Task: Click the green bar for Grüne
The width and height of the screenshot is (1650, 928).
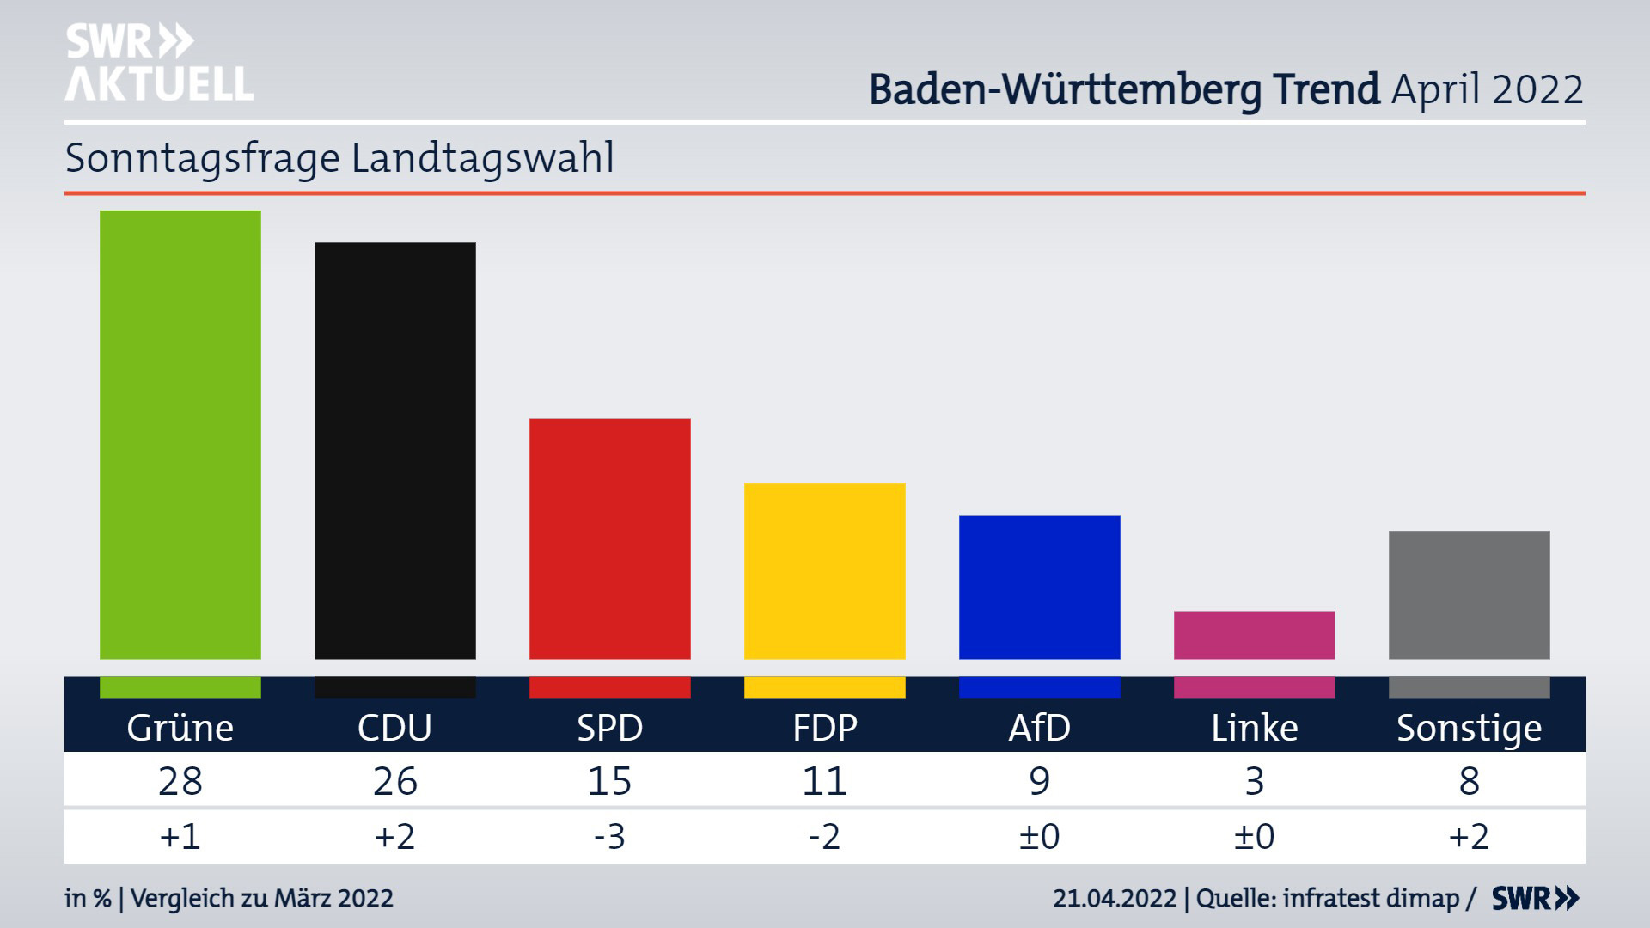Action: coord(180,435)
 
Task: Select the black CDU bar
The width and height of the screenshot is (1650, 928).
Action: coord(395,450)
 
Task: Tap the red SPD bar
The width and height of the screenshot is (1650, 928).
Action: coord(610,539)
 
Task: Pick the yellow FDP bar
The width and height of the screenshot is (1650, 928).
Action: coord(825,571)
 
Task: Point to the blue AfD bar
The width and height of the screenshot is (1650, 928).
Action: coord(1040,587)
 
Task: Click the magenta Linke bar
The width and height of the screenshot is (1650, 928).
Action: coord(1255,635)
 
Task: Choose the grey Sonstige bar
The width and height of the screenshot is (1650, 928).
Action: coord(1470,595)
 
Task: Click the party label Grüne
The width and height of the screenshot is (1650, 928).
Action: coord(180,728)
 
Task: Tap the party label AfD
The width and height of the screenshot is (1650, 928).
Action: coord(1040,728)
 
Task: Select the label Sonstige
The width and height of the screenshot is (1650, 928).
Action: coord(1470,728)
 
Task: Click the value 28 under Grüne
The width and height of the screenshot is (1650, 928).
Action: coord(180,781)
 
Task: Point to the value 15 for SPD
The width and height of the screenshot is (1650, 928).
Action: coord(610,781)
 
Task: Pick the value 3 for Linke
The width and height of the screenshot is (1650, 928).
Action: coord(1255,781)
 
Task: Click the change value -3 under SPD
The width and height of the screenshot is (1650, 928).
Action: coord(610,836)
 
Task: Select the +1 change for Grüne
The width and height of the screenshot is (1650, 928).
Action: coord(180,836)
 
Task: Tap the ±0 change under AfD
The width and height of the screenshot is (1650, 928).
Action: coord(1040,836)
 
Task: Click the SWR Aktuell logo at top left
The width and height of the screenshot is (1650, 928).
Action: coord(159,63)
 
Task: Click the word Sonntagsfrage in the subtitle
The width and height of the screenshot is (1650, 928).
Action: coord(203,159)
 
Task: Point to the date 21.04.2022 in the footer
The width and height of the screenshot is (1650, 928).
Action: coord(1115,899)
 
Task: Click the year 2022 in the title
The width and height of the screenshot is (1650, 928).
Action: coord(1537,89)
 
